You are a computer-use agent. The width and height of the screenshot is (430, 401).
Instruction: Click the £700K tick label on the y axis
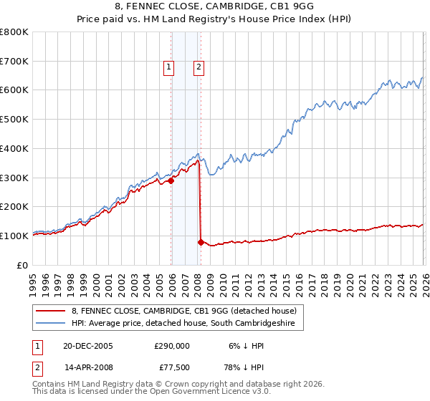14,62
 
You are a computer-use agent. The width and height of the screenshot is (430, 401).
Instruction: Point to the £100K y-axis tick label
14,236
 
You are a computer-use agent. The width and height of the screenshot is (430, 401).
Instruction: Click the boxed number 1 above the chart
169,68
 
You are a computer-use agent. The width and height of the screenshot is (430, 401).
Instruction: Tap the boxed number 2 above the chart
199,68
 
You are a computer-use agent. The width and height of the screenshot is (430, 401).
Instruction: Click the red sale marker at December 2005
171,180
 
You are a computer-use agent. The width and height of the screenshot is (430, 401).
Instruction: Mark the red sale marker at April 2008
201,242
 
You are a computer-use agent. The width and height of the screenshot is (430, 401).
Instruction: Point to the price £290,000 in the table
172,345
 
